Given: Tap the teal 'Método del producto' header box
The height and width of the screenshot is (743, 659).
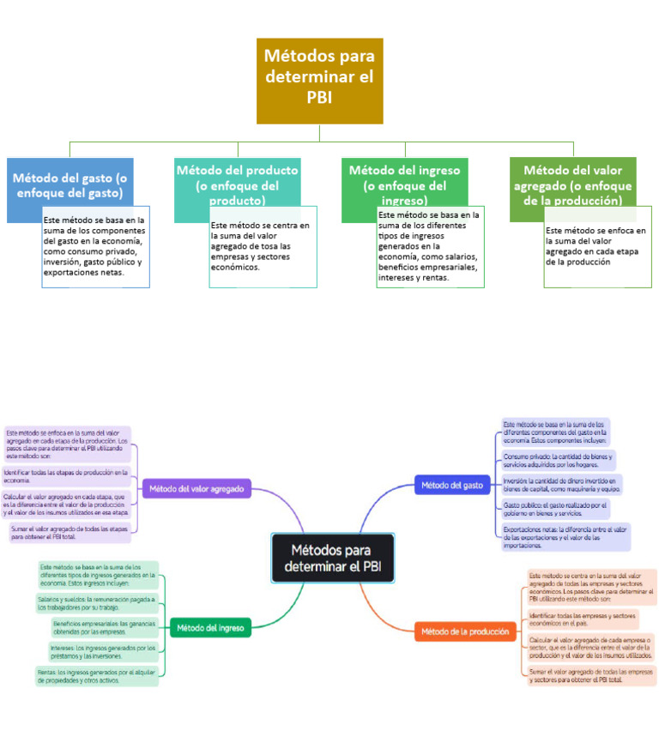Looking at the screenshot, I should pyautogui.click(x=237, y=182).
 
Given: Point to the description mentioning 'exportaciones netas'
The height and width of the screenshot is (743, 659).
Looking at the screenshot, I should pyautogui.click(x=95, y=246).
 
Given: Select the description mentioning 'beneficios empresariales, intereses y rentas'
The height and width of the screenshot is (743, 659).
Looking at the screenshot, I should pyautogui.click(x=430, y=246).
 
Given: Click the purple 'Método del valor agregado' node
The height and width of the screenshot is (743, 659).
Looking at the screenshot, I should pyautogui.click(x=197, y=489).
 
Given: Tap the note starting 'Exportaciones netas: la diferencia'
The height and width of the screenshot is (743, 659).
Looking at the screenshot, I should pyautogui.click(x=565, y=536).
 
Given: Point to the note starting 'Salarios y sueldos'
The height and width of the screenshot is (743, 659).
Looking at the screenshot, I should pyautogui.click(x=97, y=602).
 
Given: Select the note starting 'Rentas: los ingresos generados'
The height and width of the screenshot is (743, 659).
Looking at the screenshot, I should pyautogui.click(x=97, y=676).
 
